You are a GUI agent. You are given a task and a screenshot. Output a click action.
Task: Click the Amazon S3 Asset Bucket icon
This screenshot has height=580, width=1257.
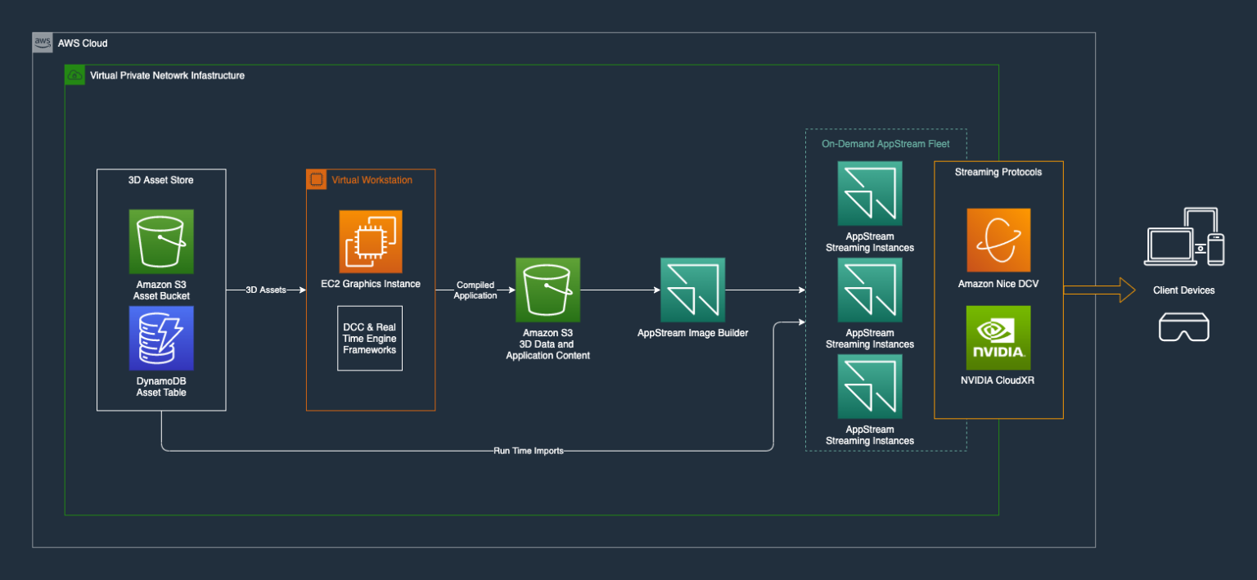[x=161, y=241]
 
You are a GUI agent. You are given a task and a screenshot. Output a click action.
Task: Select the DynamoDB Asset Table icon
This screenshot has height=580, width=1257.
[x=161, y=338]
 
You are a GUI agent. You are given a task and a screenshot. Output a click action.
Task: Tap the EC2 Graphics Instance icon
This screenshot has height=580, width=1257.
[x=371, y=241]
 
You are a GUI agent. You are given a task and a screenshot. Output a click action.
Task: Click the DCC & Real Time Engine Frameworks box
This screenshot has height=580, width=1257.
[x=370, y=338]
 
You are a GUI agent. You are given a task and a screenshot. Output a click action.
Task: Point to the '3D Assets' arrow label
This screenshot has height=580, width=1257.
[x=266, y=290]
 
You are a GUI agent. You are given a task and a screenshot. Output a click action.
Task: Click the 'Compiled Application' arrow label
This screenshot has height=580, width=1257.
[x=475, y=290]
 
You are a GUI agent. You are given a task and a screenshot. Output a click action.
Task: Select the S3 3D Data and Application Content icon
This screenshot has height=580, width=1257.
[x=547, y=290]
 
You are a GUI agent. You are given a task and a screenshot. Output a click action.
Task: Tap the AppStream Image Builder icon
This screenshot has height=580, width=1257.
[x=692, y=290]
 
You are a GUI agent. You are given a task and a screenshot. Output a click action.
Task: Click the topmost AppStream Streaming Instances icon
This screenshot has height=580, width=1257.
[x=870, y=193]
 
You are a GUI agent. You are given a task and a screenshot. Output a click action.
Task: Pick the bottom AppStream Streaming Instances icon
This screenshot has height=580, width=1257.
[x=870, y=386]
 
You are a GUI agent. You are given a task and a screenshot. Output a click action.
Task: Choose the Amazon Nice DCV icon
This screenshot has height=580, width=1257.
[x=998, y=241]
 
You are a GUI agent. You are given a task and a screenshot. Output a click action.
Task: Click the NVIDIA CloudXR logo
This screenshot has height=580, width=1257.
[x=998, y=338]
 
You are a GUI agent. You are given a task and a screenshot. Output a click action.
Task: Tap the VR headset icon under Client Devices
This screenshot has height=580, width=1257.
[x=1183, y=328]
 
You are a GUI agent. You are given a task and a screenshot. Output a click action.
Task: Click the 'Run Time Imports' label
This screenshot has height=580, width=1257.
[x=529, y=451]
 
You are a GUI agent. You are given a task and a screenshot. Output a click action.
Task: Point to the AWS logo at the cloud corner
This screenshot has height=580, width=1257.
[x=43, y=43]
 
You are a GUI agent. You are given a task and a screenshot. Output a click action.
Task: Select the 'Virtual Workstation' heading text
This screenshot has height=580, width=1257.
[x=372, y=180]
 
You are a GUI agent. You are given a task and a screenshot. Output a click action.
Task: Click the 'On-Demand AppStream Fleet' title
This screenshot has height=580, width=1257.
[x=885, y=144]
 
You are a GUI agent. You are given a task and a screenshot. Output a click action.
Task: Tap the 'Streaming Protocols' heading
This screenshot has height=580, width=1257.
[x=998, y=172]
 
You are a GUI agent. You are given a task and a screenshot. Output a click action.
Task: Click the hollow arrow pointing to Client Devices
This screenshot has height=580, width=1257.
[x=1099, y=290]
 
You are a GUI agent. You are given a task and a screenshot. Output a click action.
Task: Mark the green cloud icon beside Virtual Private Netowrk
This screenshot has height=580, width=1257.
[x=74, y=75]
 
